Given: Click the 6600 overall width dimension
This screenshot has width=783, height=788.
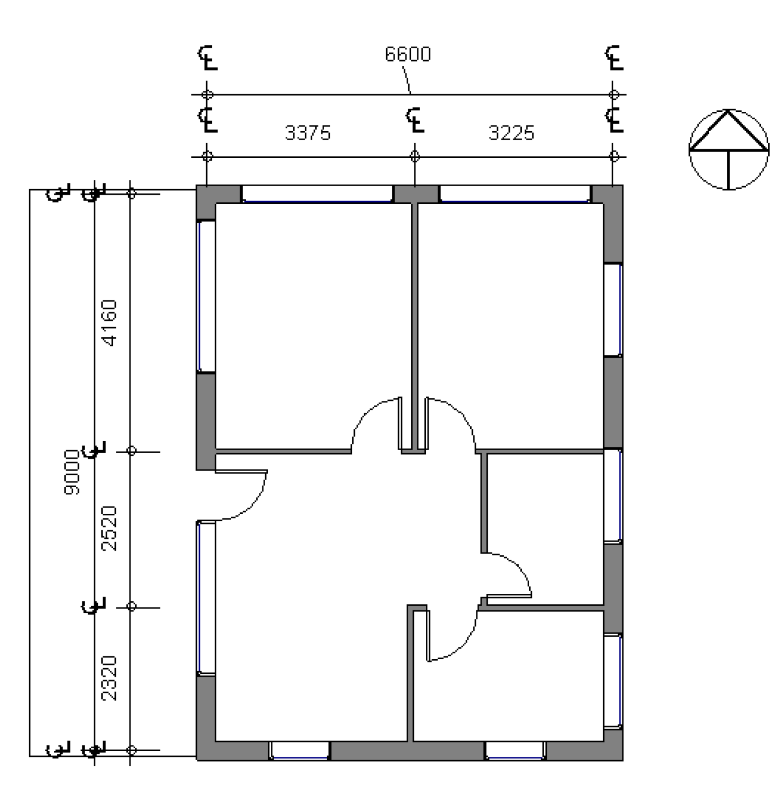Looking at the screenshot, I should [408, 55].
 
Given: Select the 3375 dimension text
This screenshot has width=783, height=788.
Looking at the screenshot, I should [307, 133].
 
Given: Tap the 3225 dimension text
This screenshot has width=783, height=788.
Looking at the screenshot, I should [511, 133].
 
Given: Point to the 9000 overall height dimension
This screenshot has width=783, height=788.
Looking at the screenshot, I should [72, 472].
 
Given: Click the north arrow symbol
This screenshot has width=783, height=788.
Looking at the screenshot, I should [728, 149].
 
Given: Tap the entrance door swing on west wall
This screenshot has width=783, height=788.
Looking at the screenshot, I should [241, 494].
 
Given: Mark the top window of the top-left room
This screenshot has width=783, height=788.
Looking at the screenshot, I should [317, 194].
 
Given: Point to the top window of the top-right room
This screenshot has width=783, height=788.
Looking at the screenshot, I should [514, 194].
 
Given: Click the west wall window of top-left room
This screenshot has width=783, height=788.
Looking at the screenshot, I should [206, 296].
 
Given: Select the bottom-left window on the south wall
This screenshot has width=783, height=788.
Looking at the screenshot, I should [299, 750].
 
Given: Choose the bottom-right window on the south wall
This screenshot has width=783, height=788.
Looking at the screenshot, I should [515, 750].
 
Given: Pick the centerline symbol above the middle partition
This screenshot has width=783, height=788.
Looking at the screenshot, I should [415, 120].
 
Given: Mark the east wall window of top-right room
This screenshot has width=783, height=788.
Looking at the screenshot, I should [613, 309].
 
